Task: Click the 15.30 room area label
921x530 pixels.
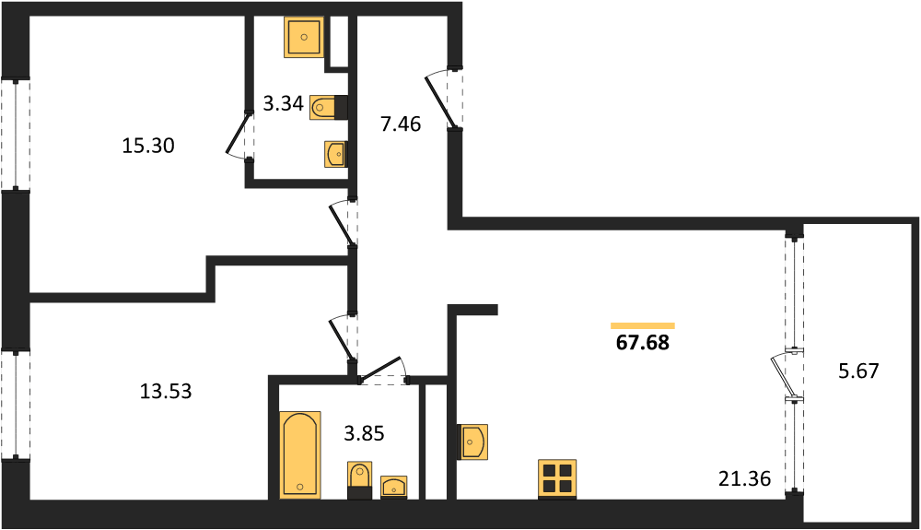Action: click(x=148, y=145)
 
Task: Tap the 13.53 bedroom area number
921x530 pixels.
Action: click(x=166, y=391)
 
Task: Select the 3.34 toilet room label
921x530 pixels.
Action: click(x=283, y=104)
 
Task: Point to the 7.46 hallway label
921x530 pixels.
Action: click(x=401, y=124)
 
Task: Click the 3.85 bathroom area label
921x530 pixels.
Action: click(x=364, y=433)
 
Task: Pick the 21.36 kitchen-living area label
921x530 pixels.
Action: click(x=744, y=479)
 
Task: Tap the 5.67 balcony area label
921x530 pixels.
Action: click(x=858, y=371)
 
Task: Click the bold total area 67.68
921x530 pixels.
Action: click(x=643, y=343)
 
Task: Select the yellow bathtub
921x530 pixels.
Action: click(x=301, y=454)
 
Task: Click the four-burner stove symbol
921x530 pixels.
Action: click(x=557, y=479)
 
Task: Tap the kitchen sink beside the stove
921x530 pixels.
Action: click(x=472, y=442)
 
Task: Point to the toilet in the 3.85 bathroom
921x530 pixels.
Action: click(x=359, y=480)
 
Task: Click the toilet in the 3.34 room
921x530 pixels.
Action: click(x=329, y=107)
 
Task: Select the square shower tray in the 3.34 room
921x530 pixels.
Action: click(x=304, y=37)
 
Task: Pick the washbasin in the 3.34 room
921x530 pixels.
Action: click(x=335, y=155)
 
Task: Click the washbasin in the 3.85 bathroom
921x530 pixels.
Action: click(x=394, y=487)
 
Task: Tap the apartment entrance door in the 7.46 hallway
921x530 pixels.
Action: click(x=443, y=99)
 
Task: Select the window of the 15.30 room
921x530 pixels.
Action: click(x=16, y=135)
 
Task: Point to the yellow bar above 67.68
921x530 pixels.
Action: click(x=643, y=325)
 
